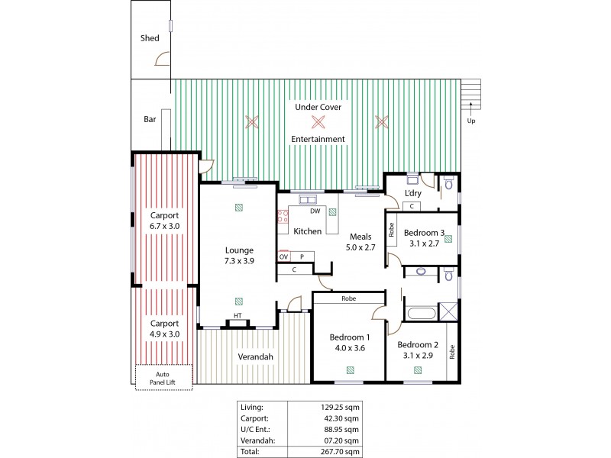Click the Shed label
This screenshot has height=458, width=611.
coord(149,37)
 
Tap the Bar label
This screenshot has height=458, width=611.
coord(150,119)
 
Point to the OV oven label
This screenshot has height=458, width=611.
coord(283,256)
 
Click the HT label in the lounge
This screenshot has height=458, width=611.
coord(238,316)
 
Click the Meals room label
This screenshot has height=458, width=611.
coord(360,237)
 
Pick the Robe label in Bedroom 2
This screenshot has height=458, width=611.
coord(451,351)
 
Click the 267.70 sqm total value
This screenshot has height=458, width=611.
coord(341,452)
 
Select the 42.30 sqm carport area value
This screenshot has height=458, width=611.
coord(341,418)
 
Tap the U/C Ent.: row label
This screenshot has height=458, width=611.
coord(254,429)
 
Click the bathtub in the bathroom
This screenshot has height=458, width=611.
coord(418,313)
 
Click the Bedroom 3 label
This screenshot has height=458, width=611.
coord(425,233)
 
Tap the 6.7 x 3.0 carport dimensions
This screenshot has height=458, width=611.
coord(164,227)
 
